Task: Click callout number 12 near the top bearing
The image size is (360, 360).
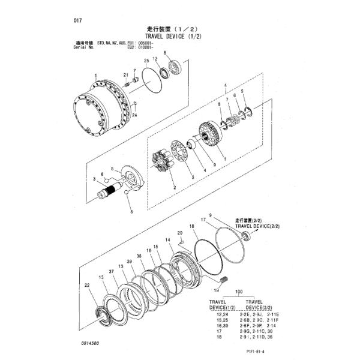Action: pyautogui.click(x=155, y=59)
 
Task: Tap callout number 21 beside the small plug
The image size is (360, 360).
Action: pyautogui.click(x=126, y=74)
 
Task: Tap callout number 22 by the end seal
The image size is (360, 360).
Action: pyautogui.click(x=87, y=285)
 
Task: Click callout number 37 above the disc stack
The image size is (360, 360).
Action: pyautogui.click(x=111, y=271)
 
